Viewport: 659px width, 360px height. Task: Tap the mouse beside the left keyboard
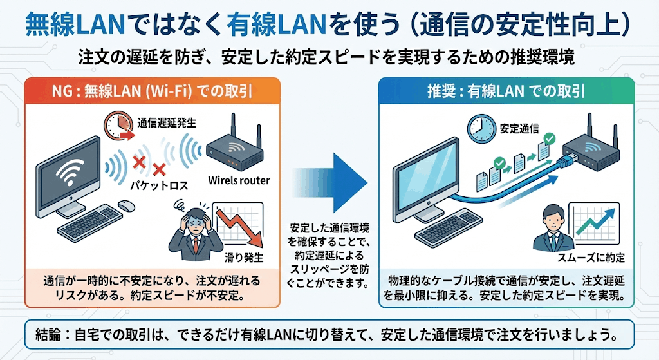(x=125, y=205)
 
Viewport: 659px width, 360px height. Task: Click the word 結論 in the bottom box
(x=50, y=335)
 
